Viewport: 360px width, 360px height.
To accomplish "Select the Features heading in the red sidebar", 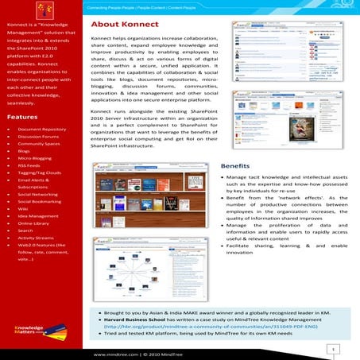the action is tap(23, 117).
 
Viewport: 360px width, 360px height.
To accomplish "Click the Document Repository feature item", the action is tap(41, 129).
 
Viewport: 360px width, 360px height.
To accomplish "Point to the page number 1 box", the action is tap(336, 348).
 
